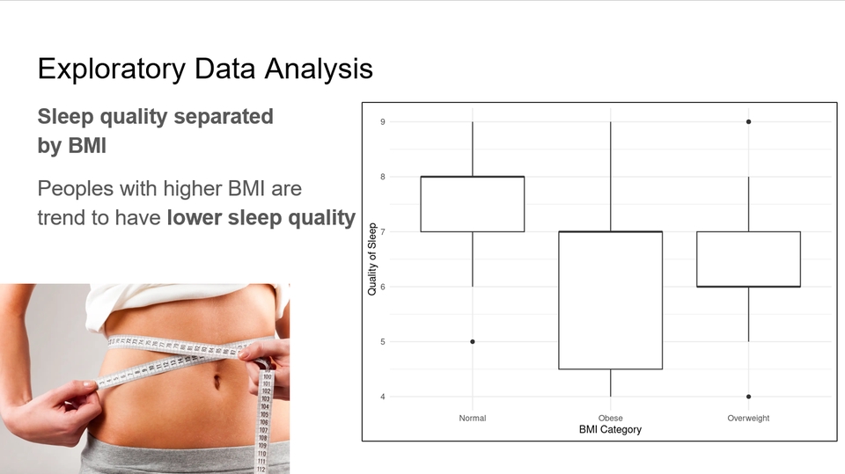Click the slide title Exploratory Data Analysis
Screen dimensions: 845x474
(x=205, y=69)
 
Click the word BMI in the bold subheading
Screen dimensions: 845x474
(x=87, y=145)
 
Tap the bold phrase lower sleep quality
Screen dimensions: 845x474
(x=261, y=217)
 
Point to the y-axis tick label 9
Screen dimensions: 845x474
(x=383, y=122)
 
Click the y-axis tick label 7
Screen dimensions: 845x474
(x=383, y=231)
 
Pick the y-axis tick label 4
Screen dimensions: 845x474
(x=383, y=397)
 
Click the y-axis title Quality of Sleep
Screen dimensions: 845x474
(x=371, y=259)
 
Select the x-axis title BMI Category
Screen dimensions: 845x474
(x=610, y=430)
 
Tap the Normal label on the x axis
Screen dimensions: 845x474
(x=473, y=418)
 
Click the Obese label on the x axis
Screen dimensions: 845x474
(x=611, y=418)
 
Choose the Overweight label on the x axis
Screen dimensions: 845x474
(x=748, y=418)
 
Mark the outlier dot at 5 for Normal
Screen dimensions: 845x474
(x=473, y=341)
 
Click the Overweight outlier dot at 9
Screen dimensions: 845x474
(x=748, y=121)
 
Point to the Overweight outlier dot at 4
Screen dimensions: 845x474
(x=748, y=397)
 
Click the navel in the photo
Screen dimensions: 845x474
(x=217, y=382)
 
